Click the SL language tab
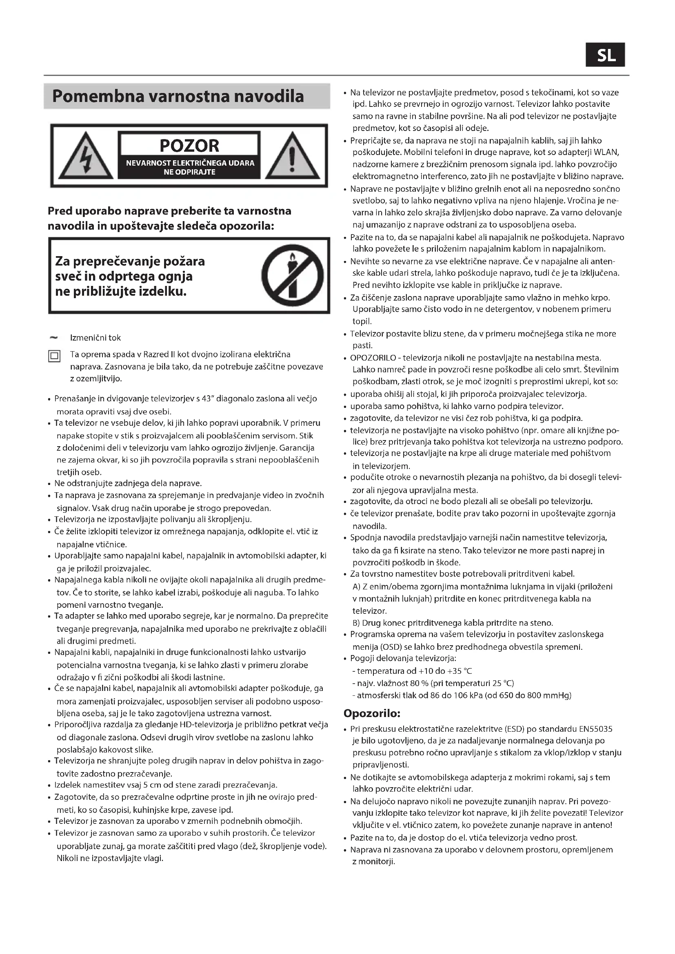click(x=605, y=55)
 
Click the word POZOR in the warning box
click(x=189, y=146)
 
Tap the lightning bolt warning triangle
click(x=86, y=156)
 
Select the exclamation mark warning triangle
click(x=292, y=156)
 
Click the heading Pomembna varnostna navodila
click(x=178, y=96)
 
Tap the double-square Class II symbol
click(x=54, y=356)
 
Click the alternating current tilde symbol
click(x=53, y=337)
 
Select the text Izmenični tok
click(x=95, y=338)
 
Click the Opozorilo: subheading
click(x=372, y=713)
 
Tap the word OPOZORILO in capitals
click(x=373, y=358)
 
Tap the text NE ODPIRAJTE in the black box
click(x=189, y=172)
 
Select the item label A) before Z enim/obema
click(x=356, y=587)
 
